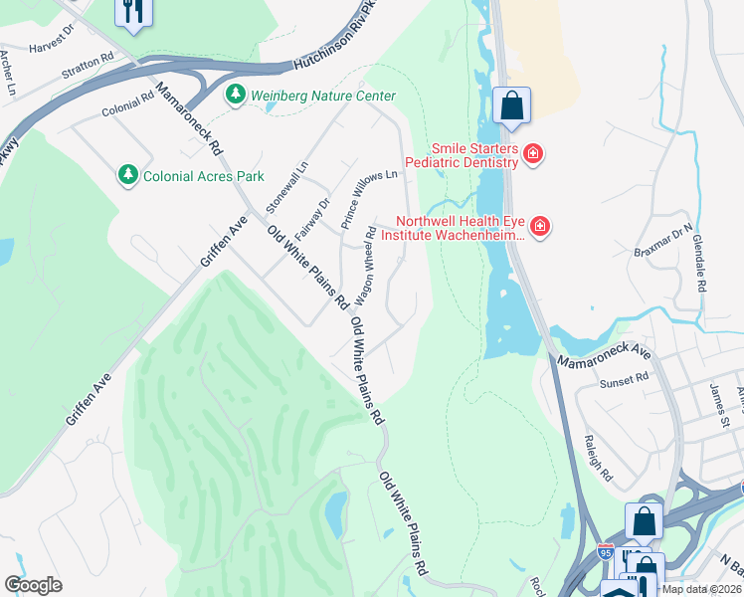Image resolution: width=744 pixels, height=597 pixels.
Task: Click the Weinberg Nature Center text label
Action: (x=323, y=96)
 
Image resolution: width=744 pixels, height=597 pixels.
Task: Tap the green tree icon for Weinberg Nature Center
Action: (x=236, y=96)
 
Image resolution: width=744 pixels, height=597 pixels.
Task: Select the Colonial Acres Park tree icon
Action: (x=127, y=175)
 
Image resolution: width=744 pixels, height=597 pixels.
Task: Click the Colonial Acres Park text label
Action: (x=204, y=176)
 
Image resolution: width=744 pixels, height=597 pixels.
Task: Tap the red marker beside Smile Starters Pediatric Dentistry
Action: (x=533, y=153)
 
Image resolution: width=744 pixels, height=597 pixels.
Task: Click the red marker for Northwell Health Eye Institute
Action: (x=540, y=228)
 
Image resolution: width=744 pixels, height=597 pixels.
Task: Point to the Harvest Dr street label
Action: (x=52, y=40)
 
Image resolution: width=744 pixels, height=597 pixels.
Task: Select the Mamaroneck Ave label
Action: (x=603, y=353)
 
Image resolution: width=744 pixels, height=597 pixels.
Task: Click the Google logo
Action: (x=33, y=585)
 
